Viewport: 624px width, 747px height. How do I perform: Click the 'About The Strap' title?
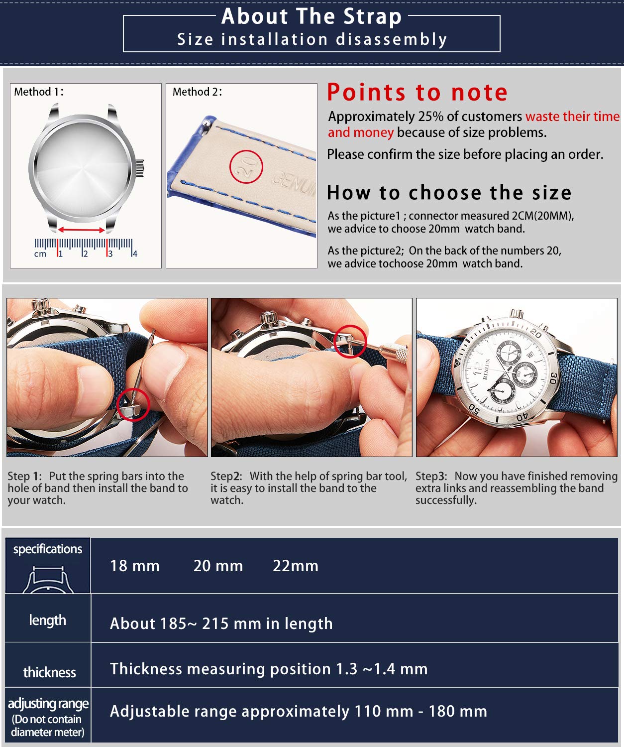(x=312, y=16)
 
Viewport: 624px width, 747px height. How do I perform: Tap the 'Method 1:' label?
(x=38, y=92)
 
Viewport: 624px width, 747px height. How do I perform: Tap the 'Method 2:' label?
(x=197, y=92)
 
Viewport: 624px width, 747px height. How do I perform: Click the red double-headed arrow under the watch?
(x=82, y=230)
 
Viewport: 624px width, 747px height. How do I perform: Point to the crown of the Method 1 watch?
(x=140, y=167)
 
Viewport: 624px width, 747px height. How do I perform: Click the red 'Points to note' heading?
(x=417, y=93)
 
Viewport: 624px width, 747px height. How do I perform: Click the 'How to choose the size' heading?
(x=449, y=193)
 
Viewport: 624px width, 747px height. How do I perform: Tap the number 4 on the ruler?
(x=135, y=254)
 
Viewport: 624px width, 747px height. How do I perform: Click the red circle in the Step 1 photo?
(x=133, y=404)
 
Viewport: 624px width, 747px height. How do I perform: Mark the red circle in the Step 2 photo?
(x=350, y=341)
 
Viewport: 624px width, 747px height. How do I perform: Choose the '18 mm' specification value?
(x=135, y=566)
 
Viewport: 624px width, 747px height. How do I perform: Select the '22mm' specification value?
(x=296, y=566)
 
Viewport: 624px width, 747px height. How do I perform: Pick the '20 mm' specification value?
(x=218, y=566)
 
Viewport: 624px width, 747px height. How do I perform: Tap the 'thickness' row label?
(x=49, y=672)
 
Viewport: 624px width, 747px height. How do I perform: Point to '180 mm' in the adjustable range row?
(x=457, y=711)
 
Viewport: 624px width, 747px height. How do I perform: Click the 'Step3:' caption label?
(x=431, y=477)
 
